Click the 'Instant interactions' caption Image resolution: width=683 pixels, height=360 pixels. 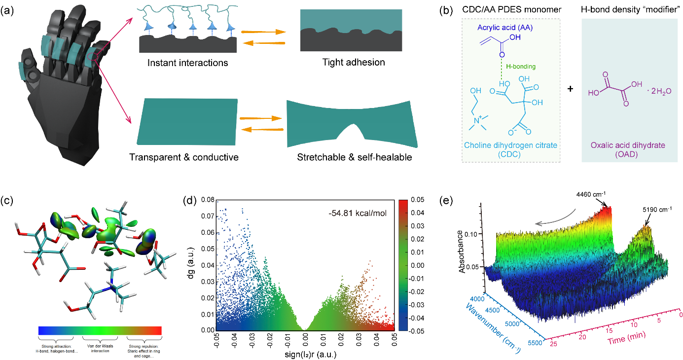[x=187, y=63]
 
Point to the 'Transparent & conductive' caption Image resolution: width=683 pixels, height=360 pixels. [x=184, y=158]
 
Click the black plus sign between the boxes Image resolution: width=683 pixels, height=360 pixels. [x=571, y=90]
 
